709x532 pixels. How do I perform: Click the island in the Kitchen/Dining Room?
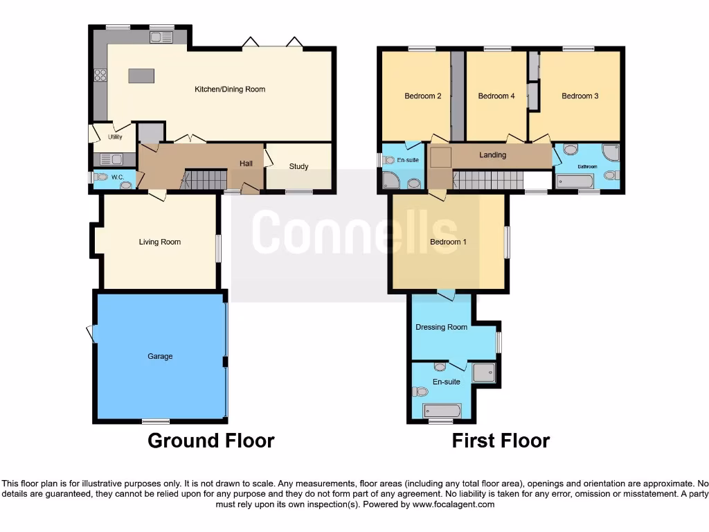pyautogui.click(x=141, y=75)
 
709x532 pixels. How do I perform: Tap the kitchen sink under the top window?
pyautogui.click(x=161, y=37)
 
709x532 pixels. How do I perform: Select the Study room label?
pyautogui.click(x=298, y=166)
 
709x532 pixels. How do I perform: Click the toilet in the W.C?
pyautogui.click(x=102, y=177)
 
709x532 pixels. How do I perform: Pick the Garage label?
pyautogui.click(x=160, y=356)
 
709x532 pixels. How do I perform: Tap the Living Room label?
pyautogui.click(x=160, y=242)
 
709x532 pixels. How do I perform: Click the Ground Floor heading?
pyautogui.click(x=210, y=441)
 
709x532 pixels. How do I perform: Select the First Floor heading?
pyautogui.click(x=501, y=441)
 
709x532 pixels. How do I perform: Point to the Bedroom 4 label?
pyautogui.click(x=496, y=96)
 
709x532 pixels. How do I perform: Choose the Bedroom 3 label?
pyautogui.click(x=580, y=96)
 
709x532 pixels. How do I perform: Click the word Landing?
pyautogui.click(x=492, y=155)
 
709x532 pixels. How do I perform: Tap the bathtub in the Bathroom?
pyautogui.click(x=575, y=182)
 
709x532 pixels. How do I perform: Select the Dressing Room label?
pyautogui.click(x=441, y=327)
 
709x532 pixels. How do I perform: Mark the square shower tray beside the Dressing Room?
pyautogui.click(x=484, y=373)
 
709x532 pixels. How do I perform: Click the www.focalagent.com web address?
pyautogui.click(x=454, y=504)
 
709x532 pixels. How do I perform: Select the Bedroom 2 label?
pyautogui.click(x=422, y=96)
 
